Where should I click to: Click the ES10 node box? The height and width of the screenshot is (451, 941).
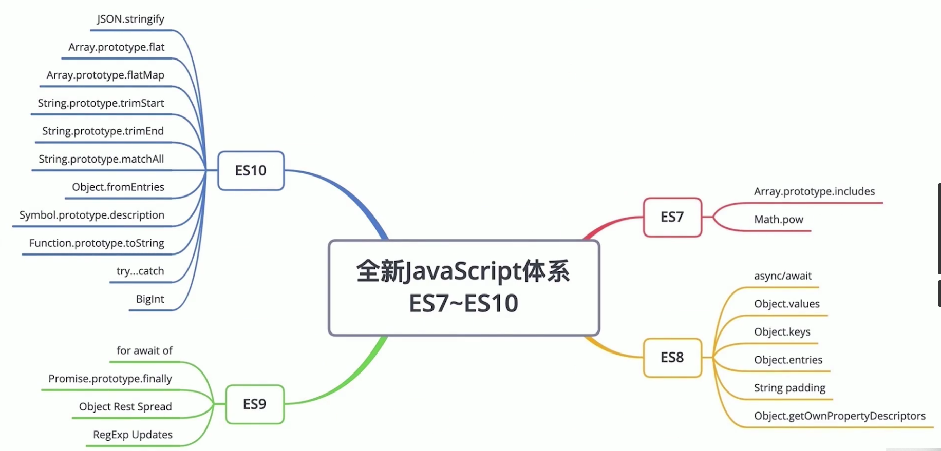(251, 171)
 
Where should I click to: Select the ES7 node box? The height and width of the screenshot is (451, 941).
(672, 218)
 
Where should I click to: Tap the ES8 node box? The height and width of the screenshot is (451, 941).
(672, 358)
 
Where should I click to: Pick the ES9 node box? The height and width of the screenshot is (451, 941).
(255, 404)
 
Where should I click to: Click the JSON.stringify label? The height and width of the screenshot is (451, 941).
(130, 19)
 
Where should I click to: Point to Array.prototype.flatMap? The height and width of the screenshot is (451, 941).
(105, 75)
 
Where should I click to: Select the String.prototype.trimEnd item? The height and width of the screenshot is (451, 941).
(103, 131)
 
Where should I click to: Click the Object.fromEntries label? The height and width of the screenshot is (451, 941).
(118, 187)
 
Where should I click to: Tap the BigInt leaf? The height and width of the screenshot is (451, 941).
(150, 299)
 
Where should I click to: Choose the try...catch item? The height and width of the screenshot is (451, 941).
(140, 271)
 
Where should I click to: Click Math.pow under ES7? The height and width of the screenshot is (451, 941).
(778, 220)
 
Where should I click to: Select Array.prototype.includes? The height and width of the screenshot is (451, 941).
(814, 192)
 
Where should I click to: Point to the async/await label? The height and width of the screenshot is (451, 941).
(783, 276)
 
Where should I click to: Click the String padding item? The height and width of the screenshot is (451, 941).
(789, 388)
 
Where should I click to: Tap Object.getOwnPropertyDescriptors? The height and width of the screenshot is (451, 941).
(839, 416)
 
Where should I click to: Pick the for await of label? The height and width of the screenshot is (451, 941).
(144, 351)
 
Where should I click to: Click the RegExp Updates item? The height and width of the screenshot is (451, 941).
(133, 435)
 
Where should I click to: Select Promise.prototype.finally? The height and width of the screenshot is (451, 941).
(110, 379)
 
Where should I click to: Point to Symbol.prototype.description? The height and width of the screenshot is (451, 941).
(92, 215)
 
